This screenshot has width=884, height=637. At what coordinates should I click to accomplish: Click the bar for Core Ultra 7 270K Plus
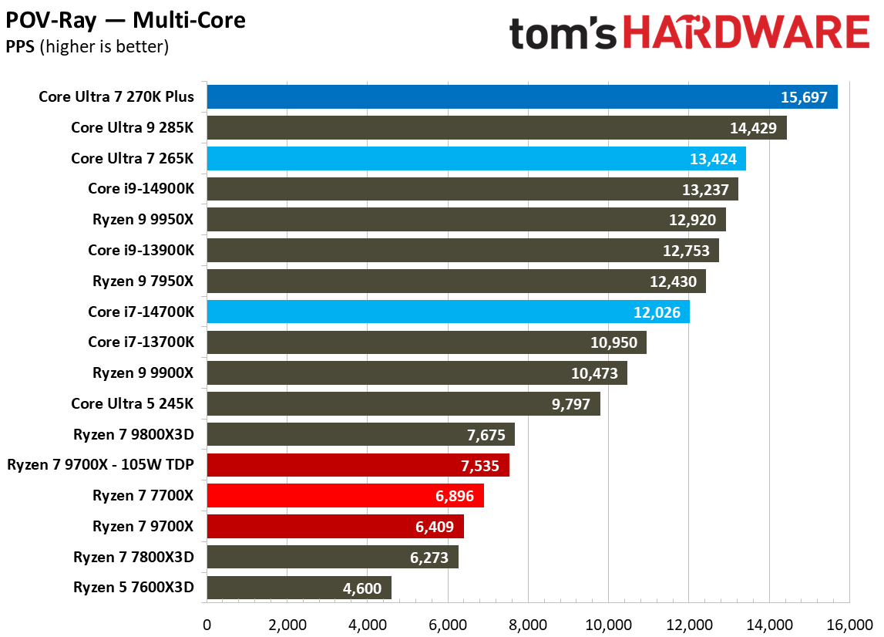click(522, 97)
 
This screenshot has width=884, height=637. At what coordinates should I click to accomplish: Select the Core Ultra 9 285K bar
click(496, 128)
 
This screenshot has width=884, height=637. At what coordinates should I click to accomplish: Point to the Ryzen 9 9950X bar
click(466, 220)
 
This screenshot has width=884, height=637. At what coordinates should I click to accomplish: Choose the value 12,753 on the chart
click(687, 251)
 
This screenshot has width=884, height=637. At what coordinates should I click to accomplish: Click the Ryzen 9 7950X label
click(143, 281)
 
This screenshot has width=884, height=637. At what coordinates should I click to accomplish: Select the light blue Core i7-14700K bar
click(448, 312)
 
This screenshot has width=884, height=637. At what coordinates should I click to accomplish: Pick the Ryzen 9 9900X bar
click(416, 373)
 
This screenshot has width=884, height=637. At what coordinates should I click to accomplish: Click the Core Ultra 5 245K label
click(133, 403)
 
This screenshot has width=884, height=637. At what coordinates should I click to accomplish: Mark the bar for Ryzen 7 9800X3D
click(360, 435)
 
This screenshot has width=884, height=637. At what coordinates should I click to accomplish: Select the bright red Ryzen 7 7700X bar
click(345, 496)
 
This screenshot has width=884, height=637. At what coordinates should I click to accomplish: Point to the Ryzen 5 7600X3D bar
click(298, 588)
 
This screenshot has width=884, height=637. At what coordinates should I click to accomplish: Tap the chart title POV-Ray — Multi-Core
click(126, 20)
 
